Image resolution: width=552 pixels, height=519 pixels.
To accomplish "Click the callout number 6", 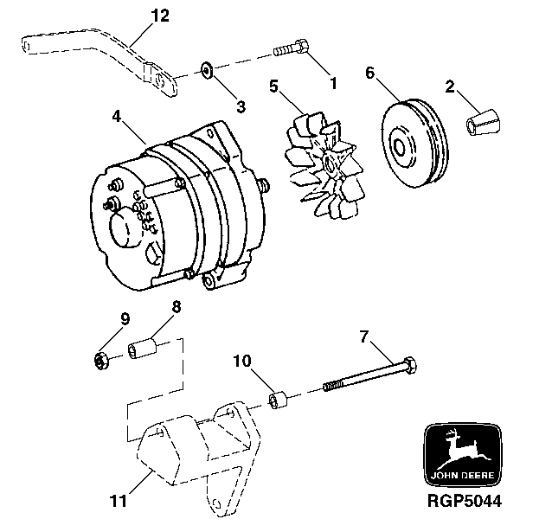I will click(369, 74).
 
